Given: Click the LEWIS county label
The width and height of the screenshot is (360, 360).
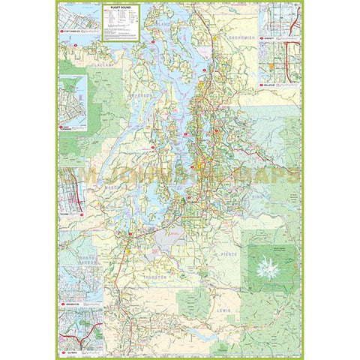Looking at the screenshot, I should pyautogui.click(x=224, y=308).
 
